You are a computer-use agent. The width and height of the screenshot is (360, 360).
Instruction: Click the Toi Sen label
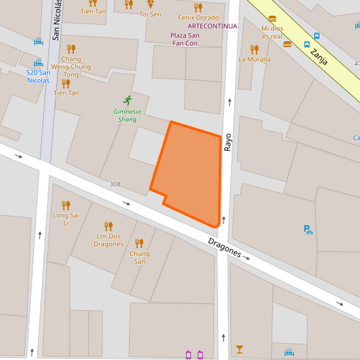tap(150, 14)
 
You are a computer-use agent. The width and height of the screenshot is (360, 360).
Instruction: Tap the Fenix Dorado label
tap(198, 17)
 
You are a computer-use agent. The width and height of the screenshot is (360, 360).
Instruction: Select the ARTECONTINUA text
tap(212, 26)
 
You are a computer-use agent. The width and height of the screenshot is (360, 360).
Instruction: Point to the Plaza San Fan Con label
tap(184, 39)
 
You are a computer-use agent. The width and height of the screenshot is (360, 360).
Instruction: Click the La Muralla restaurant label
tap(254, 59)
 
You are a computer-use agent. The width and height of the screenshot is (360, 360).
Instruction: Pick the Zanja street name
tap(319, 56)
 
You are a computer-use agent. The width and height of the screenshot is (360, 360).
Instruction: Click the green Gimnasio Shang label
tap(127, 115)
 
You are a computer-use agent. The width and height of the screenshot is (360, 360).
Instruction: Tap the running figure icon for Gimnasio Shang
tap(127, 100)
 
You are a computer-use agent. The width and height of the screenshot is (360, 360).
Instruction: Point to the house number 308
tap(114, 184)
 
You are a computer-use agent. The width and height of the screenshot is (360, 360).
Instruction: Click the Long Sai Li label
tap(66, 219)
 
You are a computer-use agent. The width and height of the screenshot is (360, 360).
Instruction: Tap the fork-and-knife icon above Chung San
tap(139, 243)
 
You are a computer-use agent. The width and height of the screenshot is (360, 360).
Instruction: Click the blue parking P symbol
tap(308, 230)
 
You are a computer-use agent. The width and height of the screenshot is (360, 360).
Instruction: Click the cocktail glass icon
tap(239, 349)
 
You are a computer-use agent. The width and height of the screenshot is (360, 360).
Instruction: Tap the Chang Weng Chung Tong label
tap(71, 67)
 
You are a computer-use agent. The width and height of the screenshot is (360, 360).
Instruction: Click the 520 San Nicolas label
tap(38, 76)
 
